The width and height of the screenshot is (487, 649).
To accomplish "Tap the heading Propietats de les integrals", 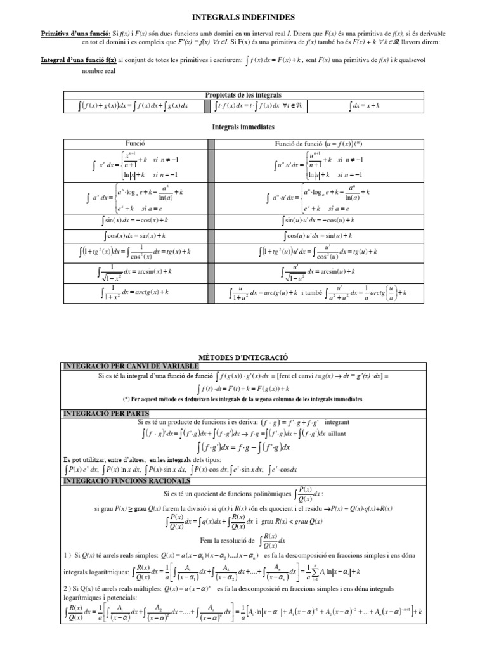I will coord(243,94).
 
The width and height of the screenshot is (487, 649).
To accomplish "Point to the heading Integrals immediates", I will coord(243,127).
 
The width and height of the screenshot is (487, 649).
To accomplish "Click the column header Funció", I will coord(136,145).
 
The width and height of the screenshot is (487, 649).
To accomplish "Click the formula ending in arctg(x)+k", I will coord(136,292).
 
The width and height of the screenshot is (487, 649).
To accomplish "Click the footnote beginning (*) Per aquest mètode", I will coord(243,399).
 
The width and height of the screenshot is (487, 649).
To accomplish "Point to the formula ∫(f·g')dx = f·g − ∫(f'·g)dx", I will coord(243,447).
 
